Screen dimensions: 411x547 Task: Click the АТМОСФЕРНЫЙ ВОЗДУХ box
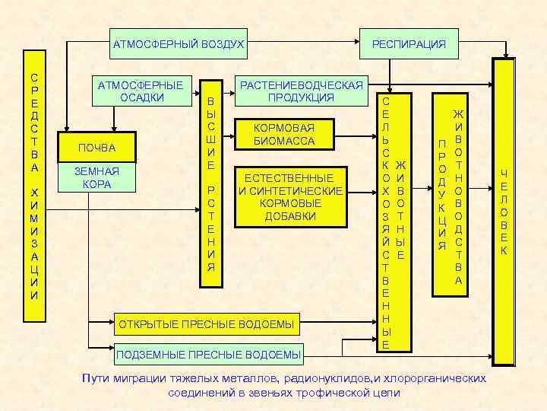179,44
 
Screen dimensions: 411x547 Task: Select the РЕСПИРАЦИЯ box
409,44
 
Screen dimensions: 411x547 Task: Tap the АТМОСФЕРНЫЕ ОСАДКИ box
141,91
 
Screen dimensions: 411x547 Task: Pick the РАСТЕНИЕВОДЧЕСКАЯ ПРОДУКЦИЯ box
302,91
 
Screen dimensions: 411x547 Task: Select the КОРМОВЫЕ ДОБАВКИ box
290,196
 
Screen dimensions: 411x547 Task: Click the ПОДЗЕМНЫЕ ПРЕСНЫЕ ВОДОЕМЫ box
207,354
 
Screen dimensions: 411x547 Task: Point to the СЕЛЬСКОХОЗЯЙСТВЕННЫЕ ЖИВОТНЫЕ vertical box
394,221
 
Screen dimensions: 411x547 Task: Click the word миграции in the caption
142,378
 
